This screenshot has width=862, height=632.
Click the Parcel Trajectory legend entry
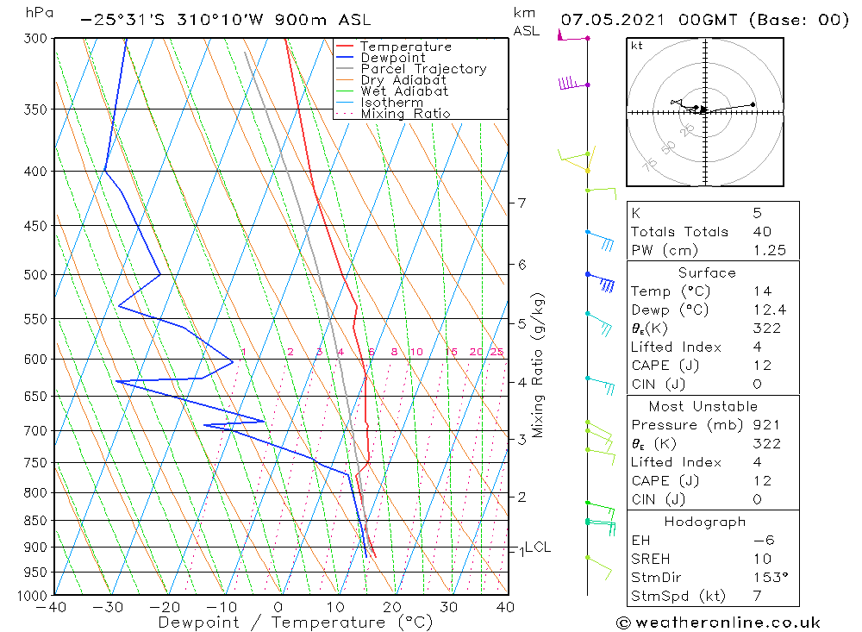(x=423, y=69)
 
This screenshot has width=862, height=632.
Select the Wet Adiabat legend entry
(x=404, y=91)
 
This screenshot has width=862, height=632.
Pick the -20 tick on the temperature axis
(x=165, y=607)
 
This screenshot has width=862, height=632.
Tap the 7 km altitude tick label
(x=522, y=203)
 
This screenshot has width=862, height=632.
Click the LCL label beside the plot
(x=538, y=548)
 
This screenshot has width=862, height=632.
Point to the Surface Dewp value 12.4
(x=769, y=310)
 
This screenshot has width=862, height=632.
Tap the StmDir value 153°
(x=767, y=578)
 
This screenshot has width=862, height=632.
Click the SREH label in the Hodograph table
(x=650, y=559)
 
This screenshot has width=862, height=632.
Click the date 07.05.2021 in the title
(x=611, y=19)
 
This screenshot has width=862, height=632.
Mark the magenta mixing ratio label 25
(x=497, y=352)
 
